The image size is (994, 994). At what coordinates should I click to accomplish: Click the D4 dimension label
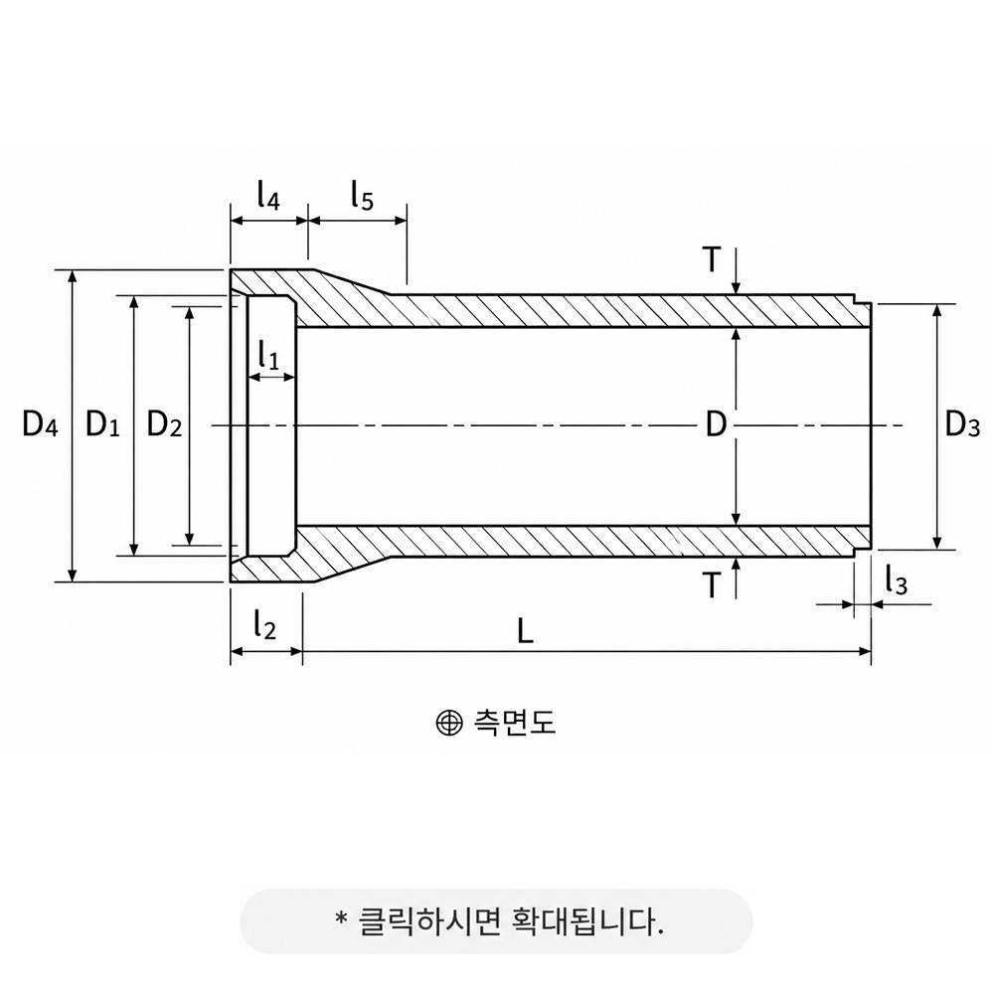(x=40, y=423)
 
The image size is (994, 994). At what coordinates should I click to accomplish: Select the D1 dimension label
(x=102, y=423)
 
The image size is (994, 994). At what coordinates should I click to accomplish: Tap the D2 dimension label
(x=164, y=423)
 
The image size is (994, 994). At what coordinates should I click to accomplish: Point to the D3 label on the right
(x=962, y=423)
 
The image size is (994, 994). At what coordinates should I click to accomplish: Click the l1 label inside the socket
(x=268, y=355)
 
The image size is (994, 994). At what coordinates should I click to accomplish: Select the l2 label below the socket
(x=265, y=623)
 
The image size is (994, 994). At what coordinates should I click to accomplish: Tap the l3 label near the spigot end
(x=897, y=580)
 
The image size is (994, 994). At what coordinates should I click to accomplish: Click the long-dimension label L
(x=525, y=631)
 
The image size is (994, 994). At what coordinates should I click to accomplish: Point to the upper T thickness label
(x=713, y=258)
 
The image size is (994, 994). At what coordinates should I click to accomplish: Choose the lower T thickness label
(x=713, y=584)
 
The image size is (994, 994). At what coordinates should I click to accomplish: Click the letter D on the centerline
(x=716, y=424)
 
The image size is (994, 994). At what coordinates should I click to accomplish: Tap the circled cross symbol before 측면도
(x=449, y=723)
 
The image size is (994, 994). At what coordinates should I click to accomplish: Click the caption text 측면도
(x=514, y=722)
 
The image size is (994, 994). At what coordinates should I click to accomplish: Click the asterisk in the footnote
(x=342, y=918)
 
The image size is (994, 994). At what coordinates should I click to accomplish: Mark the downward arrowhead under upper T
(x=736, y=287)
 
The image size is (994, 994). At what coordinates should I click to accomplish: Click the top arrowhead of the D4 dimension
(x=73, y=278)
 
